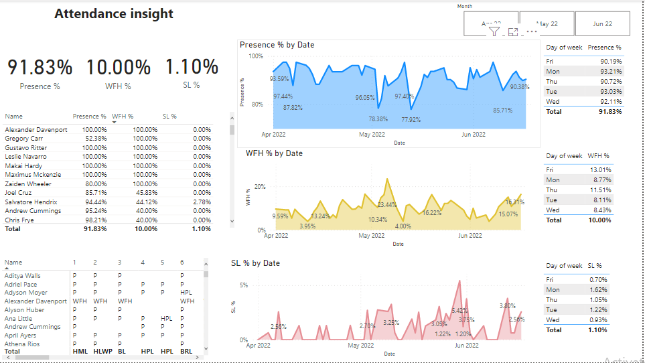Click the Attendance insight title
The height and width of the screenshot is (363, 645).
pyautogui.click(x=114, y=13)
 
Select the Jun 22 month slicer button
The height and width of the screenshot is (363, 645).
pyautogui.click(x=602, y=23)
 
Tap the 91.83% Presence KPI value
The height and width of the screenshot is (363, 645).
pyautogui.click(x=40, y=68)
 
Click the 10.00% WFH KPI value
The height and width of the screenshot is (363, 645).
pyautogui.click(x=118, y=68)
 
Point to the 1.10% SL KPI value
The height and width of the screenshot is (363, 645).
pyautogui.click(x=192, y=67)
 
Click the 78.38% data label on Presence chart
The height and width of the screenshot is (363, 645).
pyautogui.click(x=378, y=119)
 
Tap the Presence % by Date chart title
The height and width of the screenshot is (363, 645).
pyautogui.click(x=277, y=45)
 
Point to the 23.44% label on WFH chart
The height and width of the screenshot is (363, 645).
pyautogui.click(x=386, y=205)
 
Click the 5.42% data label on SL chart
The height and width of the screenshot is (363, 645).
pyautogui.click(x=459, y=311)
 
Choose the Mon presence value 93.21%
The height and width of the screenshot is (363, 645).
pyautogui.click(x=610, y=71)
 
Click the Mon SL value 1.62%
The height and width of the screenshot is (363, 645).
pyautogui.click(x=598, y=290)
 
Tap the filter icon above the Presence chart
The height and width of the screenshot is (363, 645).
pyautogui.click(x=494, y=31)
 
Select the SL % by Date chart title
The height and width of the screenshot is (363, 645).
pyautogui.click(x=255, y=263)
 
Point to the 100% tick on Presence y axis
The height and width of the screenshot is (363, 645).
pyautogui.click(x=256, y=56)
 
